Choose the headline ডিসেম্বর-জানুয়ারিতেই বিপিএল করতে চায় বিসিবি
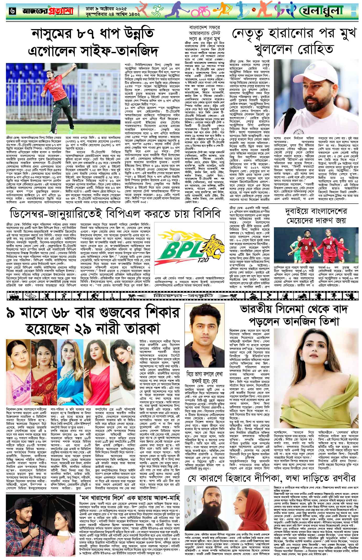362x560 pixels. coord(114,213)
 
